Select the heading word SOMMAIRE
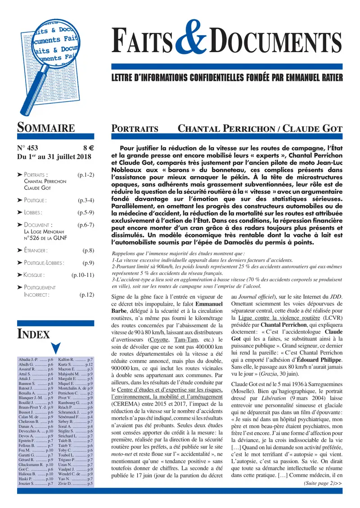point(45,128)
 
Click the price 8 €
point(88,147)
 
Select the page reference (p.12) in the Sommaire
point(86,295)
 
